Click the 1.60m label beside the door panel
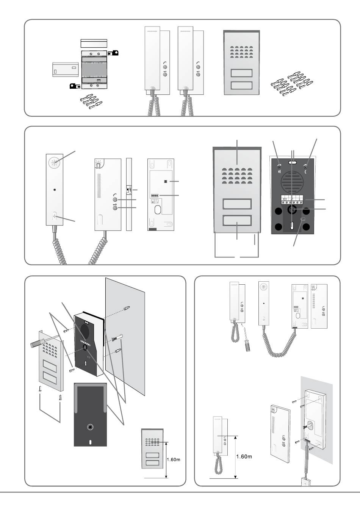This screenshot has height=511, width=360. coord(174,460)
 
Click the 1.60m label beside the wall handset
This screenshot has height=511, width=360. coord(244,456)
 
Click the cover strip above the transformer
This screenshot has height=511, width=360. coord(94,43)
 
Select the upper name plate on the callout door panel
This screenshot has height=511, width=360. coord(237,204)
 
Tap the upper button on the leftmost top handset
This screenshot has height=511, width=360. coord(164,64)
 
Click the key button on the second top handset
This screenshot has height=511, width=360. coord(197,74)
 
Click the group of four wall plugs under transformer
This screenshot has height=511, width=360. coord(92,101)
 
